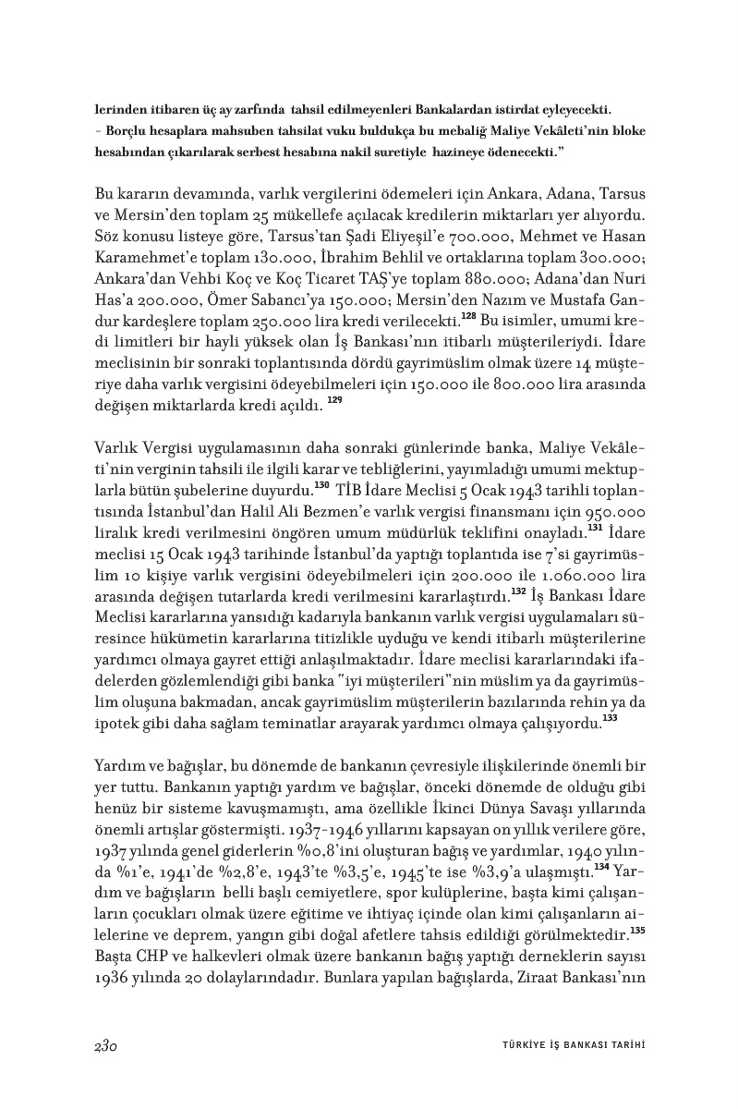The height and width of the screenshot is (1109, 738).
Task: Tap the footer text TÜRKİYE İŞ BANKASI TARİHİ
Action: (x=566, y=1043)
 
